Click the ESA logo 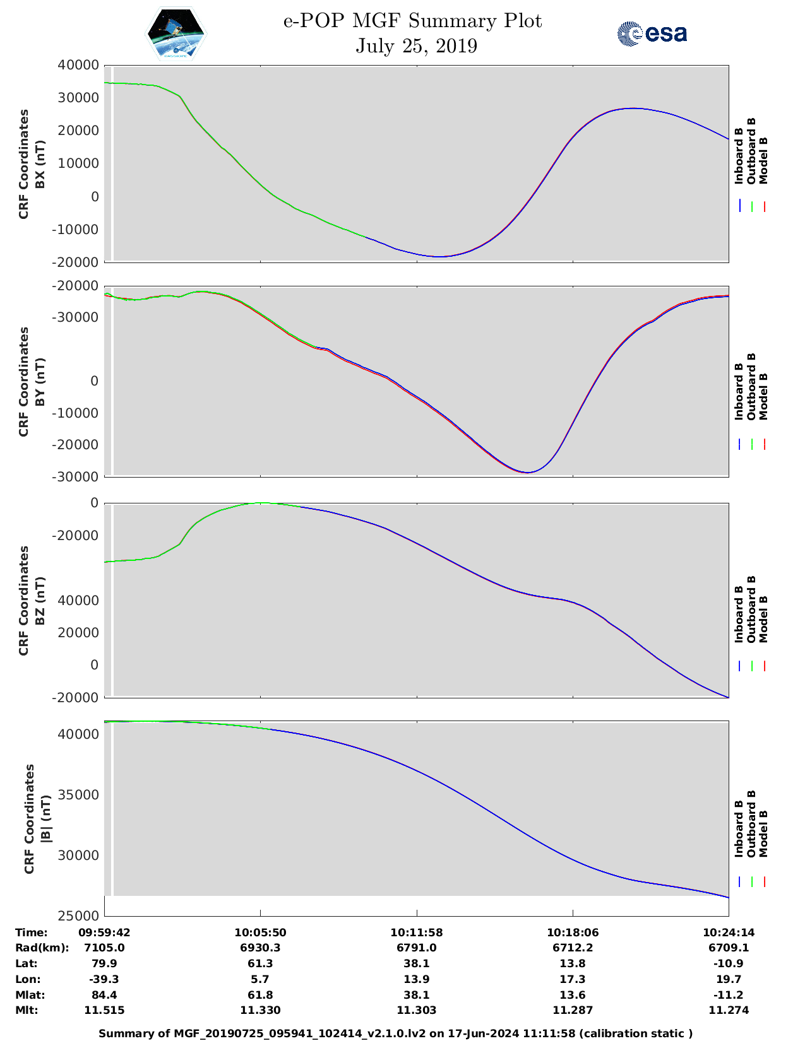click(x=652, y=34)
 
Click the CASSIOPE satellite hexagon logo click(x=176, y=34)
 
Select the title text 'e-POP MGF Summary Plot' click(x=412, y=21)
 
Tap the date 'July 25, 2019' click(x=416, y=46)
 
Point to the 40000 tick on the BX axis click(x=78, y=65)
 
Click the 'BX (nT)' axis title click(x=40, y=164)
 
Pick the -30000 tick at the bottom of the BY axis click(x=75, y=477)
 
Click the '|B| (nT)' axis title click(x=46, y=819)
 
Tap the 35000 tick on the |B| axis click(x=78, y=794)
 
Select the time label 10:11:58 click(x=416, y=932)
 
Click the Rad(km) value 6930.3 click(x=260, y=948)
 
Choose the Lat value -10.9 click(x=728, y=963)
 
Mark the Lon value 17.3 click(x=573, y=979)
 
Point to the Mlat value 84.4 click(x=104, y=995)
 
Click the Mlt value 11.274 click(x=728, y=1010)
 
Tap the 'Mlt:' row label click(x=27, y=1010)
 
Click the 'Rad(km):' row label click(x=42, y=948)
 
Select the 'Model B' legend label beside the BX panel click(x=763, y=160)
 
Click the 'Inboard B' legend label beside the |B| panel click(x=738, y=829)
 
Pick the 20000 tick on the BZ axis click(x=78, y=632)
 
